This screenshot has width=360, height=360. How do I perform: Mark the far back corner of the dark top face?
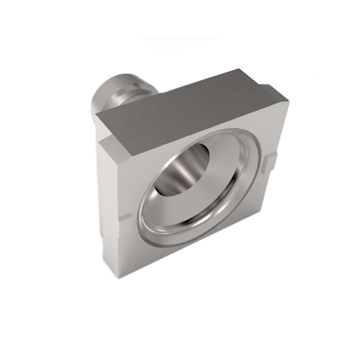pyautogui.click(x=241, y=70)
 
